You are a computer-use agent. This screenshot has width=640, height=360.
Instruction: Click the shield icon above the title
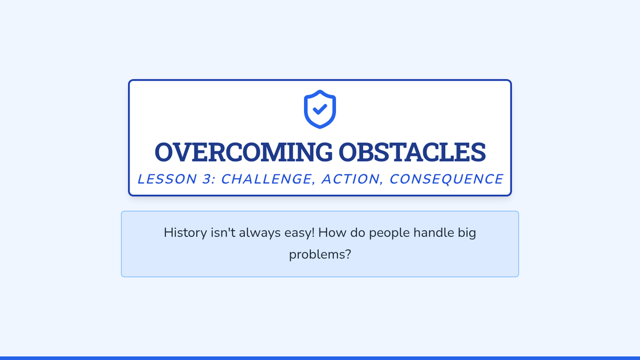319,109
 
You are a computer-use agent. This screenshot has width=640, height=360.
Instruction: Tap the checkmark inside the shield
320,109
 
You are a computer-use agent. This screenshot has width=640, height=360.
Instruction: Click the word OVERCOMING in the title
243,152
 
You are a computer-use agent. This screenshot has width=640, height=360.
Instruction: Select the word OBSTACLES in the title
412,152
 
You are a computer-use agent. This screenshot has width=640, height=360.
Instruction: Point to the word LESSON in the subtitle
167,179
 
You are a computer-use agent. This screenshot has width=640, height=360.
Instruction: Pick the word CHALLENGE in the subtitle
266,179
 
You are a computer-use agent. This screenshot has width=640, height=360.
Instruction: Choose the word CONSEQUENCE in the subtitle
446,179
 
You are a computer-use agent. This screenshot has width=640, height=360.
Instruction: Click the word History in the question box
185,233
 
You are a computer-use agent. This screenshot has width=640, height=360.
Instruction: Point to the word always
260,233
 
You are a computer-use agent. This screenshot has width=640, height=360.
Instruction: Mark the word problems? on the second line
320,255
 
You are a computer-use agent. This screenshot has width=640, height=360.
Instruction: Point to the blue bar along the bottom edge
320,358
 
